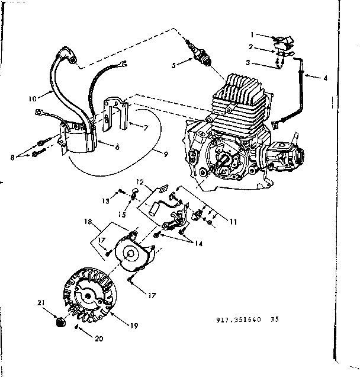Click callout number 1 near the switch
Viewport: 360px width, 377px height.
coord(251,34)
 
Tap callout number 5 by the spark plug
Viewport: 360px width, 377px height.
coord(173,66)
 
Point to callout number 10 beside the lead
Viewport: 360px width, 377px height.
coord(33,94)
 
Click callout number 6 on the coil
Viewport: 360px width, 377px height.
coord(117,146)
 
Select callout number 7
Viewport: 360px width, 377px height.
coord(146,127)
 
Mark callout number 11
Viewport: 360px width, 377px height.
coord(233,222)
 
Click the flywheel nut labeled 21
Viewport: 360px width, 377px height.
coord(59,322)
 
